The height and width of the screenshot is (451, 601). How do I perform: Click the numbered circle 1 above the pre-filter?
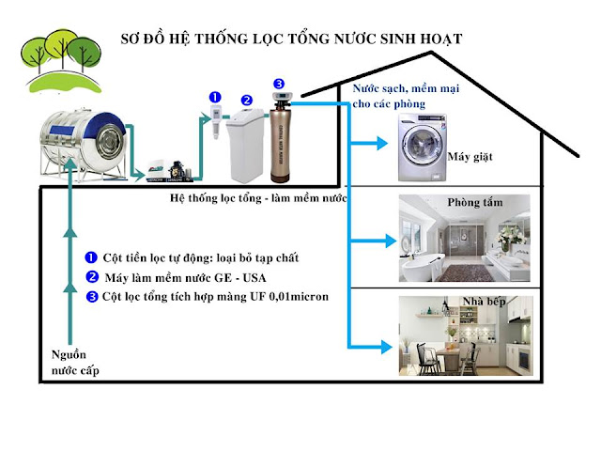214,96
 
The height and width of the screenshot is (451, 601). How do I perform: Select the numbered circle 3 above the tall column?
279,84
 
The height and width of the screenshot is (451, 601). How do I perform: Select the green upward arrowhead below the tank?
69,193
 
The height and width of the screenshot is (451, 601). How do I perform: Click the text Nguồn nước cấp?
74,363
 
